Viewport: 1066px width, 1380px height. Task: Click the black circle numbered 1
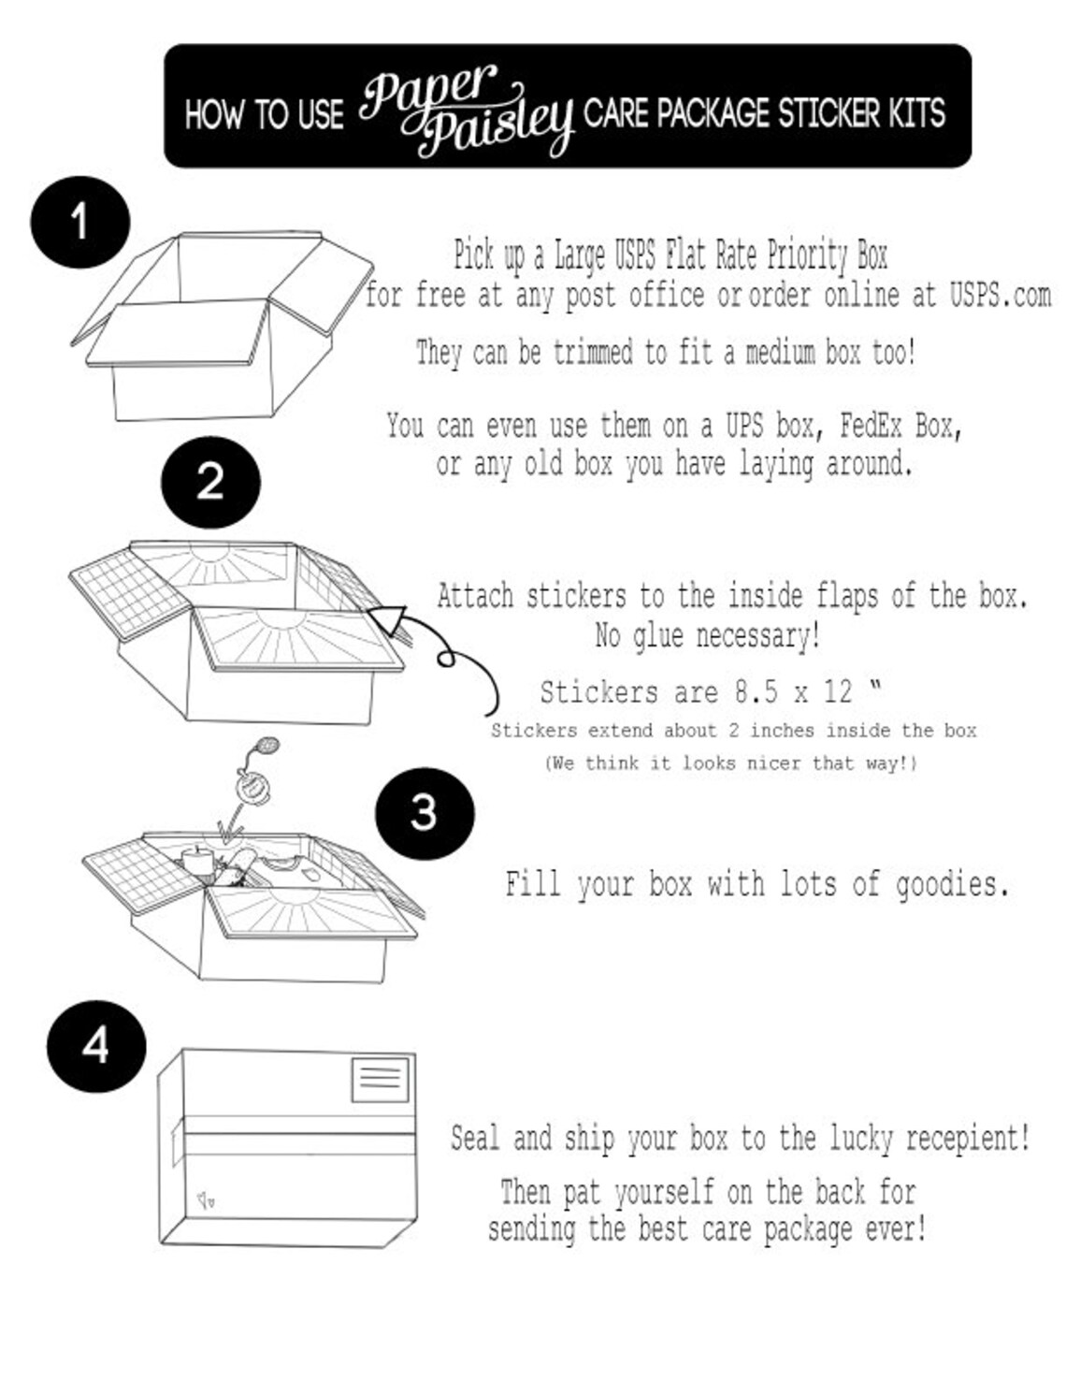pyautogui.click(x=79, y=223)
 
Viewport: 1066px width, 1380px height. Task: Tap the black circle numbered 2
pyautogui.click(x=210, y=482)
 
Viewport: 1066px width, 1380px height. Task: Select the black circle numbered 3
pyautogui.click(x=425, y=812)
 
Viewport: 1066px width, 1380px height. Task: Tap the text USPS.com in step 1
pyautogui.click(x=1000, y=296)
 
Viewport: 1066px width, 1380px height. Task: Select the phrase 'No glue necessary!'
pyautogui.click(x=707, y=636)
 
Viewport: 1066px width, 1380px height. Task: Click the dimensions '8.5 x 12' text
pyautogui.click(x=793, y=692)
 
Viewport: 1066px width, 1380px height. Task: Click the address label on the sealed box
pyautogui.click(x=380, y=1080)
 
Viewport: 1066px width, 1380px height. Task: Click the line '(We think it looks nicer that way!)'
pyautogui.click(x=730, y=763)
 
